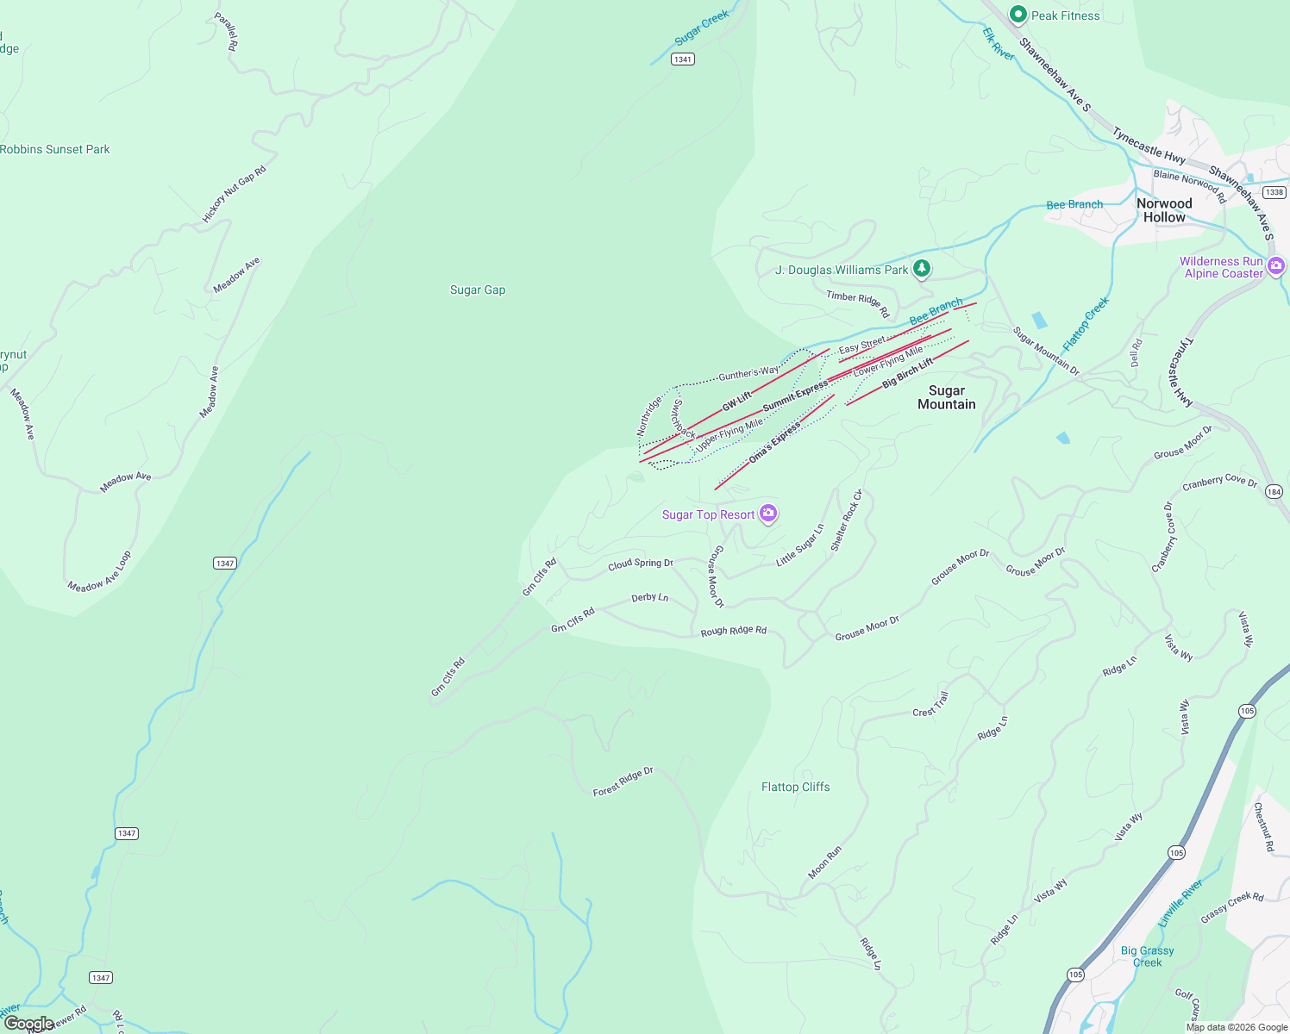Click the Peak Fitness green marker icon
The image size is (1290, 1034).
pos(1018,15)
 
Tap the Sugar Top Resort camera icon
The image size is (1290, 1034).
pos(768,514)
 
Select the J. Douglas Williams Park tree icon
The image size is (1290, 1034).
pos(922,269)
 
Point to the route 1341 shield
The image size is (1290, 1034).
pos(683,59)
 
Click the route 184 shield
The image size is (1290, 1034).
pos(1274,492)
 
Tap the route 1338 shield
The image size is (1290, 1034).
pos(1274,192)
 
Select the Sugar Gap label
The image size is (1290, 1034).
pos(478,290)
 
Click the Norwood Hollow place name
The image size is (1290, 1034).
pos(1164,210)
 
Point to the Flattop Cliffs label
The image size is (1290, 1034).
pos(795,787)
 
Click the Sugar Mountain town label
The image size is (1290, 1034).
pos(946,397)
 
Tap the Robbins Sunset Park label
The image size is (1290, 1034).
pos(55,149)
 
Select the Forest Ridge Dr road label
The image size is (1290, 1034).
pos(623,782)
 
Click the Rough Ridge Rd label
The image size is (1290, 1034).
pos(733,631)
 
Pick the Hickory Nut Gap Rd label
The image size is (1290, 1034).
pos(234,195)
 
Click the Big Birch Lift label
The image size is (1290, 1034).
pos(907,372)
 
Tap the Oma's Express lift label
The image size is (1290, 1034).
pos(774,443)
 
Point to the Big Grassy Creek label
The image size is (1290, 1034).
pos(1147,956)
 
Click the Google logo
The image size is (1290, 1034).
pos(28,1024)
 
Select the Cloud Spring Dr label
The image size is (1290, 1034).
pos(640,564)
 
